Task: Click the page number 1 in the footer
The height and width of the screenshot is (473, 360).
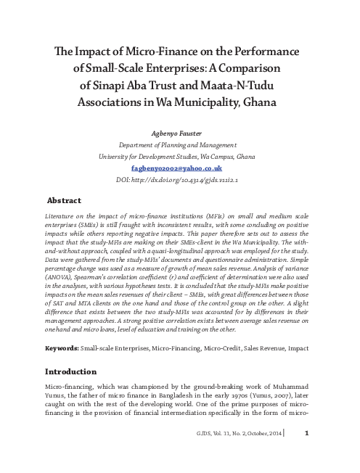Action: (307, 455)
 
